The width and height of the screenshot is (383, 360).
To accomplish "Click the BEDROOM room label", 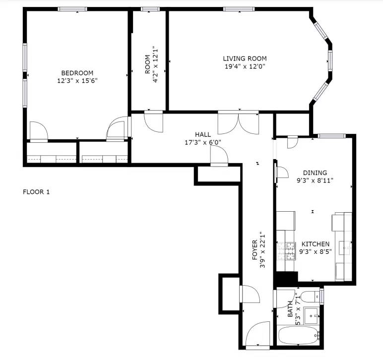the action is click(x=77, y=73).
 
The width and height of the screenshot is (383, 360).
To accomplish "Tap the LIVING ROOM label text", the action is click(x=245, y=59).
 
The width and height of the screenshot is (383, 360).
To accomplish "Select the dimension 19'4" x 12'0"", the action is click(x=245, y=66).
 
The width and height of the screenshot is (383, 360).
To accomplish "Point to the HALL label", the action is click(x=203, y=134).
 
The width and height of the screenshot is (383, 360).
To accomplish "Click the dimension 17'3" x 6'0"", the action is click(x=203, y=142).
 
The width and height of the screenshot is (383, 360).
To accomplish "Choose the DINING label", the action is click(x=315, y=173).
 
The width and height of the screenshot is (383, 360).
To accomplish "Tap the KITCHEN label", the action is click(x=316, y=244).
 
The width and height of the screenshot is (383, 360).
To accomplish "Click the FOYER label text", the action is click(x=255, y=250).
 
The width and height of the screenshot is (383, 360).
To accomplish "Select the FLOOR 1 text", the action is click(x=36, y=192).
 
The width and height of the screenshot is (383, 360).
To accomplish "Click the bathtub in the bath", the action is click(x=299, y=336).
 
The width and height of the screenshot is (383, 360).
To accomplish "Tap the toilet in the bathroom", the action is click(x=310, y=297).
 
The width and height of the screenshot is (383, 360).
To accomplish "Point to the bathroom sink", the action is click(x=311, y=316).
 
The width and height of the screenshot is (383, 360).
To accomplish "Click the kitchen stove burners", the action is click(x=286, y=250).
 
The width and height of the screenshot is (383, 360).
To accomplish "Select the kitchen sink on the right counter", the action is click(x=345, y=248).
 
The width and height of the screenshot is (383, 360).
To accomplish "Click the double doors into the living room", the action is click(x=238, y=122).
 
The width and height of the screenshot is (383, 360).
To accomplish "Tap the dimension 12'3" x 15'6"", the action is click(x=77, y=80).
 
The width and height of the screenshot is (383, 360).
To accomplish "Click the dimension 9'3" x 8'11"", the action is click(x=315, y=180).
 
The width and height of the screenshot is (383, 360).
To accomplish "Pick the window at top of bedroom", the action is click(x=72, y=9).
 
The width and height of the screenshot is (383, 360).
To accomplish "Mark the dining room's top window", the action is click(x=332, y=136).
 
